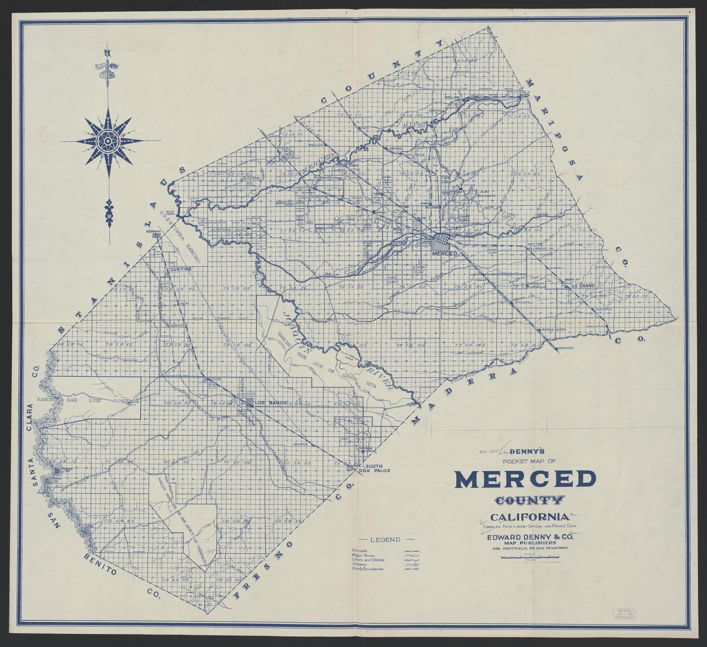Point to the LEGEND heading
pos(385,540)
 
